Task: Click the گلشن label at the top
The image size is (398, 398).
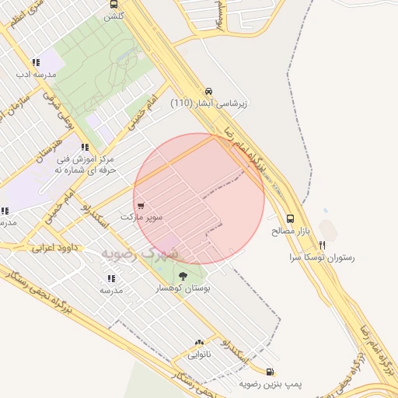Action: point(114,16)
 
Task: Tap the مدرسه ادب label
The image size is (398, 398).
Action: point(36,75)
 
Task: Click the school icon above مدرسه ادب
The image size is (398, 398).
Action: point(36,62)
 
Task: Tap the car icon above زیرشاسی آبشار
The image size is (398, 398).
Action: point(209,90)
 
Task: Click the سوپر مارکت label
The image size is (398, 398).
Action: point(141,217)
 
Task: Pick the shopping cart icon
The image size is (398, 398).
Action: point(140,206)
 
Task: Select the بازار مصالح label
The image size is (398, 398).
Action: point(291,231)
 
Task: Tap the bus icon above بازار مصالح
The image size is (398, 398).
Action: point(291,219)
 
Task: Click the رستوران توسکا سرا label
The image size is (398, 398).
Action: point(321,256)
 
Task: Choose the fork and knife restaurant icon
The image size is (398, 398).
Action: point(332,244)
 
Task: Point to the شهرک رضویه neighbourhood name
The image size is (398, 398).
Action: point(140,253)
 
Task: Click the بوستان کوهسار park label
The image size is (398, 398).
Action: point(184,288)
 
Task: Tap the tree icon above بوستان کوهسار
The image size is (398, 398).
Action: point(183,275)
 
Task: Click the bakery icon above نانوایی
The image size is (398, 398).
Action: point(200,343)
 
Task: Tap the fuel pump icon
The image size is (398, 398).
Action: point(270,372)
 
